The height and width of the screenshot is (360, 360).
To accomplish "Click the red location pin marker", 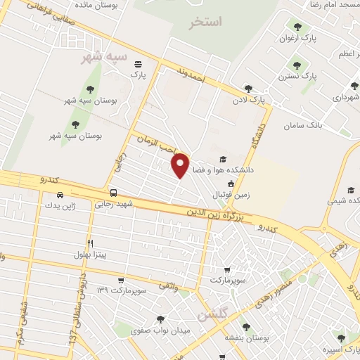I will [181, 165].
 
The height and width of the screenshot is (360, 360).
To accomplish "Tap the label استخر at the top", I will [205, 22].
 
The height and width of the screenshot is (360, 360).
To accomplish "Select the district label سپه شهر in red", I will [103, 56].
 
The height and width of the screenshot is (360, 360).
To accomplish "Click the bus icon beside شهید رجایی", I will [113, 192].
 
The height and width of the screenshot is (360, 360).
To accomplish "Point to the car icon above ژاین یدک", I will [61, 195].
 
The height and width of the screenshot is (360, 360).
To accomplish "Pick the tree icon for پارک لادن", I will [247, 89].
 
